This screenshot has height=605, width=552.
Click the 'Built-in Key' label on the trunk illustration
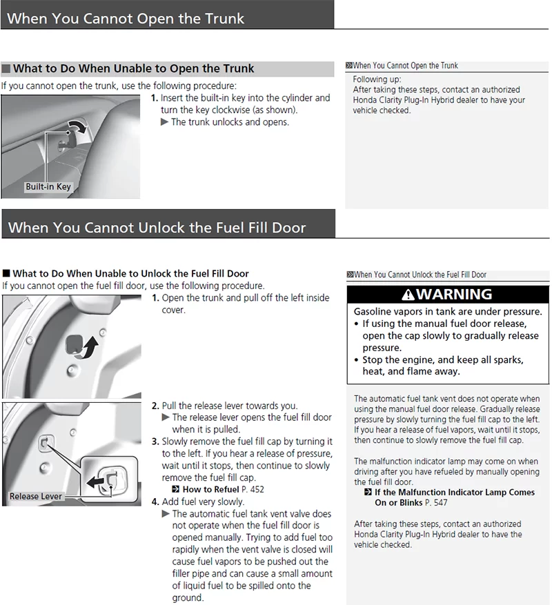(48, 186)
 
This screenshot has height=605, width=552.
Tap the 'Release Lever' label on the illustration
(36, 496)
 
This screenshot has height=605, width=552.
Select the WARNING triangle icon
(408, 295)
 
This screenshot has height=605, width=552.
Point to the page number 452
(258, 490)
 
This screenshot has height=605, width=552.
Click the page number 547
(440, 503)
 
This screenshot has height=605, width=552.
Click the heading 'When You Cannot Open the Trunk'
(126, 18)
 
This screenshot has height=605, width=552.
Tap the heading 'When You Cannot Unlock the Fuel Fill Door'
(157, 227)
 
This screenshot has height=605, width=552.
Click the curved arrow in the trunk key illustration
(78, 127)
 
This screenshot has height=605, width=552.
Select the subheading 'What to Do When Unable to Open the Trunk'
(133, 68)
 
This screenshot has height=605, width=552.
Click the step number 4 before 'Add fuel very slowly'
(155, 502)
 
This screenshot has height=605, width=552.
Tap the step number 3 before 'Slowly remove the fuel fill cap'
(155, 442)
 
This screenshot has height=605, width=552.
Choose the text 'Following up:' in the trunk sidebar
(377, 79)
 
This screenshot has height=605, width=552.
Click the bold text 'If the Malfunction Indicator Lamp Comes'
(454, 493)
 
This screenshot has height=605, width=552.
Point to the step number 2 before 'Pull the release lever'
(155, 406)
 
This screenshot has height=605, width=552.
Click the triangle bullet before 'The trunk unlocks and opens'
(164, 122)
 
